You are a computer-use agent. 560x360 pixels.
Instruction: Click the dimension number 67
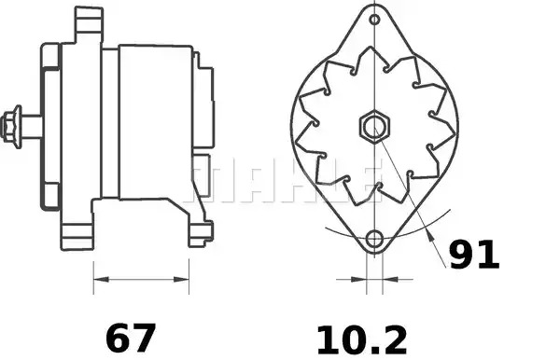131,339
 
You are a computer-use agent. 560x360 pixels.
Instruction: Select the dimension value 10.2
361,339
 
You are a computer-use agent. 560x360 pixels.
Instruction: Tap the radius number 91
473,254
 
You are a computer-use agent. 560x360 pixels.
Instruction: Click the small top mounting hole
374,20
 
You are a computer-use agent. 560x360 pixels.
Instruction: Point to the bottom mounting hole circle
374,239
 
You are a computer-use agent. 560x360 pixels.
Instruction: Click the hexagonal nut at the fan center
374,127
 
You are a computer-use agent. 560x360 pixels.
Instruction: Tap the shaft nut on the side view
10,127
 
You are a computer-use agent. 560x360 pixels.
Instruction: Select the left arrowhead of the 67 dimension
101,279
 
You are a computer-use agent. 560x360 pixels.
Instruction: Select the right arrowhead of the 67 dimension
181,279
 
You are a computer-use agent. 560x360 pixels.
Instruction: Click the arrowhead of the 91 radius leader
430,235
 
